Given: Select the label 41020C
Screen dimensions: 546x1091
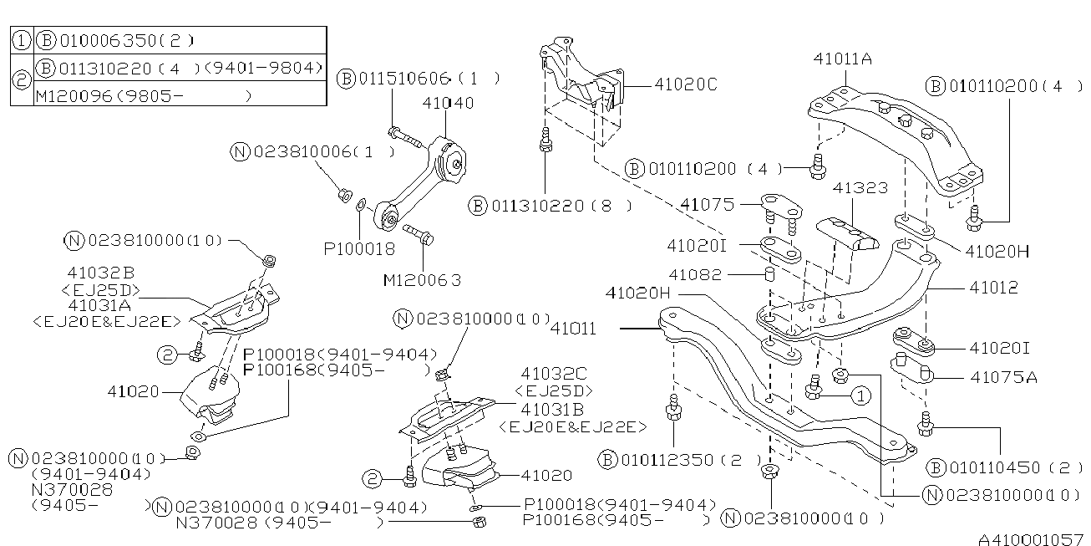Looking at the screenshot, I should (686, 84).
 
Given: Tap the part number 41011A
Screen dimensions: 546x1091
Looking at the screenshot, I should (842, 59).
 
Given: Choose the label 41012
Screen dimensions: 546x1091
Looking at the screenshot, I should (993, 287).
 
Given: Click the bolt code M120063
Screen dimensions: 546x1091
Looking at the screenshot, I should (422, 281).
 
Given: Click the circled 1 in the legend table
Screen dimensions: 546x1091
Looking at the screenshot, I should (22, 40).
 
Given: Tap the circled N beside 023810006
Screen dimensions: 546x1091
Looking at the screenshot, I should (241, 151).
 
